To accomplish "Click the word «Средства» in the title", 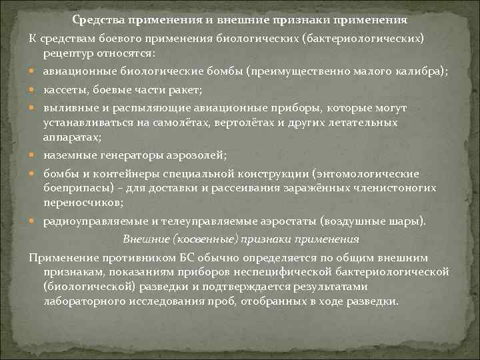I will click(97, 19).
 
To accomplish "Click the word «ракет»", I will click(188, 89).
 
